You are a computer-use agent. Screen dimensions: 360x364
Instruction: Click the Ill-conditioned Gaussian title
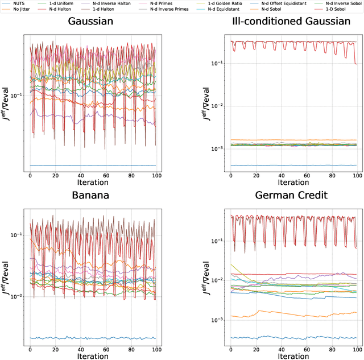click(291, 22)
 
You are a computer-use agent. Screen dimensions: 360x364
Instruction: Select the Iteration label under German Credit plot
click(291, 356)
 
